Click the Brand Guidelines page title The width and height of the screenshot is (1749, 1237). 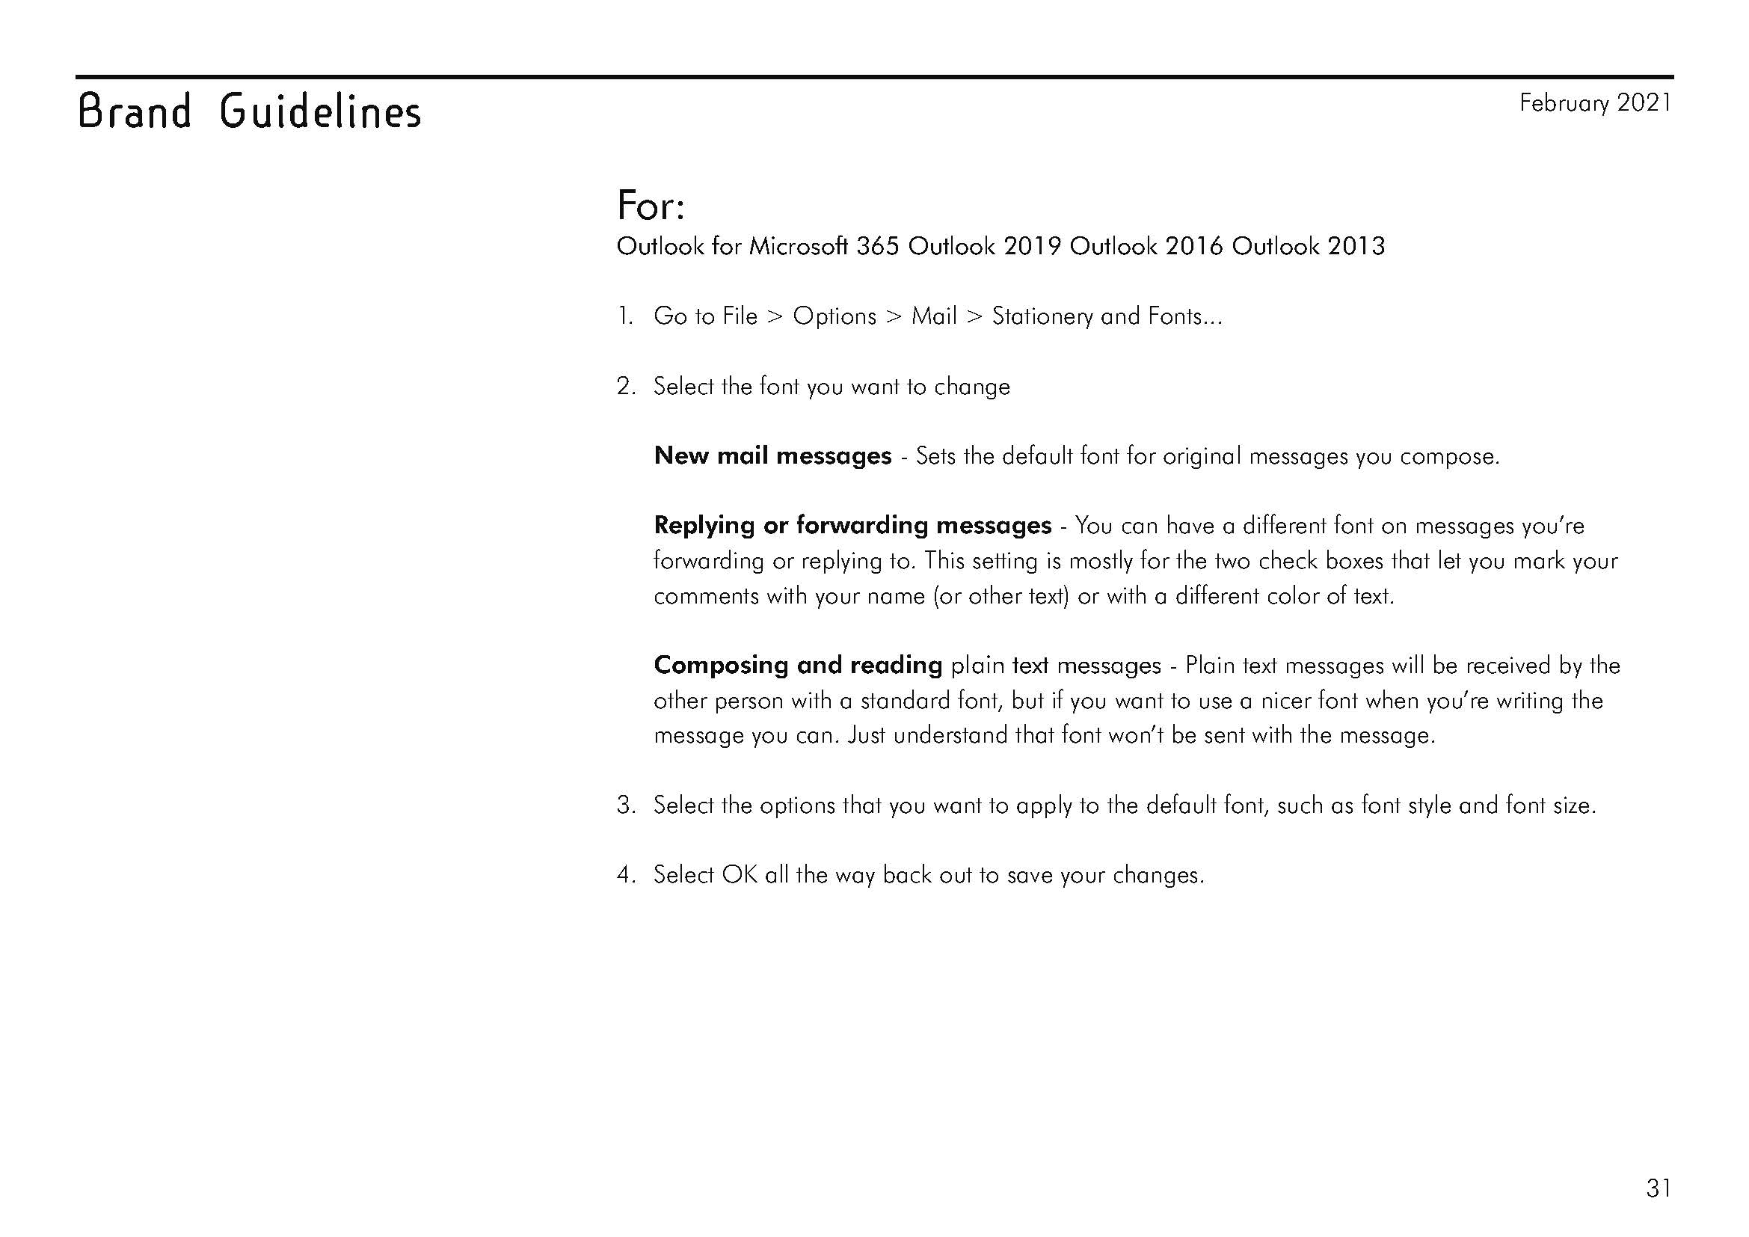[249, 112]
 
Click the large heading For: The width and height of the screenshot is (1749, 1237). [651, 205]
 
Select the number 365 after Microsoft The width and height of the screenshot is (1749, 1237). [878, 246]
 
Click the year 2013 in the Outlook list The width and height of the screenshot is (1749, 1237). [1356, 246]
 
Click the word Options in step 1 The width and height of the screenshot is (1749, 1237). [834, 316]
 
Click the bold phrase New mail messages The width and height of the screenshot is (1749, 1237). [772, 456]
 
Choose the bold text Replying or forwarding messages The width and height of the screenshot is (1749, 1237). [852, 526]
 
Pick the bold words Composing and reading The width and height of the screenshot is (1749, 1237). [798, 666]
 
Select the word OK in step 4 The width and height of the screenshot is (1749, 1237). [739, 875]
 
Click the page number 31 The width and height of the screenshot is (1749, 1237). [1659, 1188]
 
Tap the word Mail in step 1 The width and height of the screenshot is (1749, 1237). [934, 316]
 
